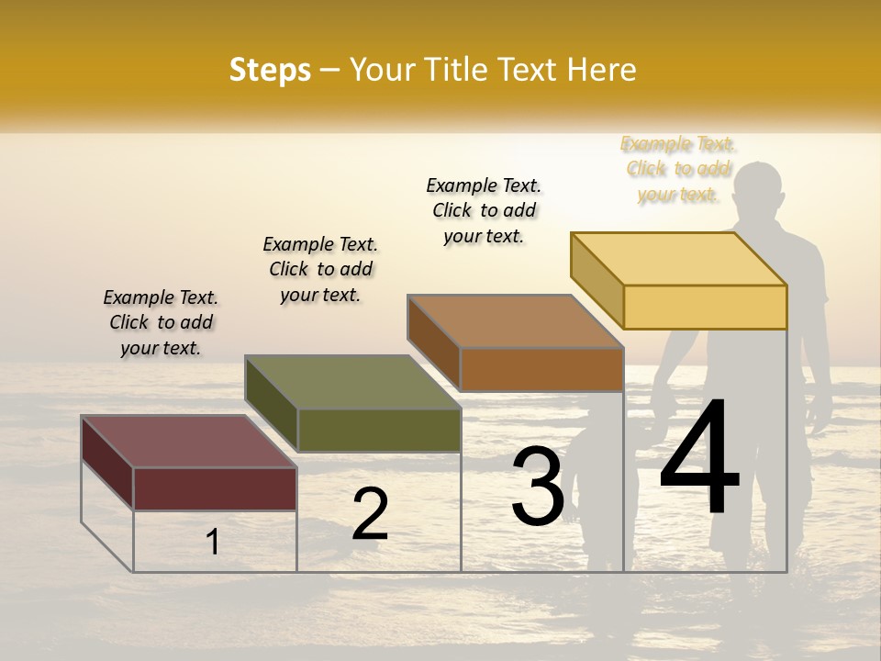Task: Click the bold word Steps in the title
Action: tap(270, 70)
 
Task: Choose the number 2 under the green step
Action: tap(370, 513)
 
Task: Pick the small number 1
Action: tap(213, 542)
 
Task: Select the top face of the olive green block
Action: tap(352, 382)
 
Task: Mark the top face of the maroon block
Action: tap(189, 442)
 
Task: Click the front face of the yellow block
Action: tap(705, 307)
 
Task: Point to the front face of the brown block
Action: tap(541, 369)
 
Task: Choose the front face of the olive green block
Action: tap(378, 430)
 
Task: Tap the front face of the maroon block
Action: tap(215, 488)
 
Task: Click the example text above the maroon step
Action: tap(161, 322)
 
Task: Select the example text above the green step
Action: tap(320, 269)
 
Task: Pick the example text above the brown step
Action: tap(484, 210)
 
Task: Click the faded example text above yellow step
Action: tap(678, 169)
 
